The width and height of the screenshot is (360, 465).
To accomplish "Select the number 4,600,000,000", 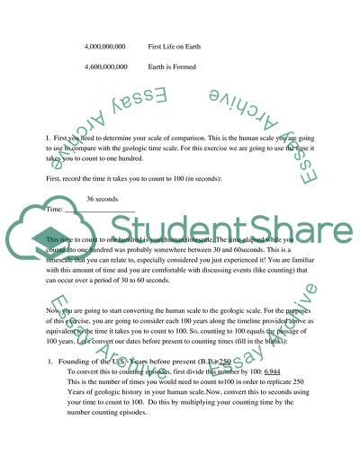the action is pos(104,66).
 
